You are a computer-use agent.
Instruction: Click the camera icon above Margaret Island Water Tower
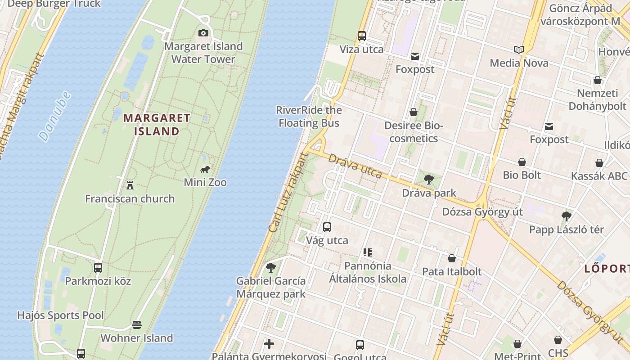point(203,33)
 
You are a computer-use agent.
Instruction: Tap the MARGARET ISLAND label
point(157,125)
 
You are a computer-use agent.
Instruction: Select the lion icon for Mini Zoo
point(205,169)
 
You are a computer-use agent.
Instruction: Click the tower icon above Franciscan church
point(130,185)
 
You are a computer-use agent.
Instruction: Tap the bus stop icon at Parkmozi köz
point(98,268)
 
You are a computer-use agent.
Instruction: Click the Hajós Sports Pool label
point(60,315)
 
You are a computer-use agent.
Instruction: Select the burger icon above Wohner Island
point(137,324)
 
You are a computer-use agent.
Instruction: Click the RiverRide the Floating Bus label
point(309,117)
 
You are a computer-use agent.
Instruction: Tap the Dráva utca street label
point(355,166)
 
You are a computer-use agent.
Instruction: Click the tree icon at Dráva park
point(429,180)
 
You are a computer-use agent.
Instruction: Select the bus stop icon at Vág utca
point(327,227)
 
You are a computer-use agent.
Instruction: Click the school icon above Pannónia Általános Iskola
point(368,252)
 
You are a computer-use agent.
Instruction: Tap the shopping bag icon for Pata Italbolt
point(452,258)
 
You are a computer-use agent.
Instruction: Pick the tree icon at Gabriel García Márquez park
point(271,268)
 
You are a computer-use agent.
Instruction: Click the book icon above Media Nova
point(519,49)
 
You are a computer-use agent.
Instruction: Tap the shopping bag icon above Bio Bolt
point(522,162)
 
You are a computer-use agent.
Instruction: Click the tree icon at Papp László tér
point(567,216)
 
